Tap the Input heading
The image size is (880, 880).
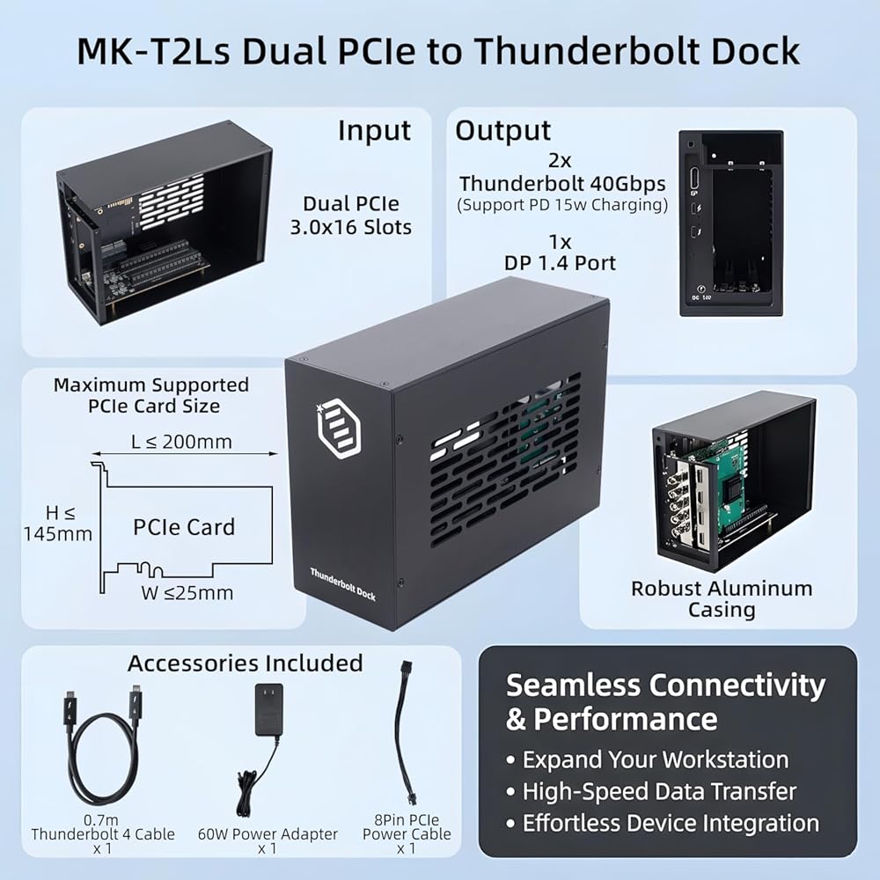coord(374,130)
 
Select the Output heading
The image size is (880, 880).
coord(502,130)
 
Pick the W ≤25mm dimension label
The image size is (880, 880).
coord(187,592)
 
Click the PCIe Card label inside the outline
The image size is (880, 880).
coord(184,527)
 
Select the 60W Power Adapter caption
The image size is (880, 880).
coord(268,834)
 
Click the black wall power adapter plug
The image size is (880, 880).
coord(268,709)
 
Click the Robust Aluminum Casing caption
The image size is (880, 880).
coord(722,598)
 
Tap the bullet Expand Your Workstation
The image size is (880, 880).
coord(647,759)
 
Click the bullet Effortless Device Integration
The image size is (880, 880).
coord(662,824)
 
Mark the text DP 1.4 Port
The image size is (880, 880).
coord(560,262)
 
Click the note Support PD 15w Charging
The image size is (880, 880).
coord(561,205)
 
